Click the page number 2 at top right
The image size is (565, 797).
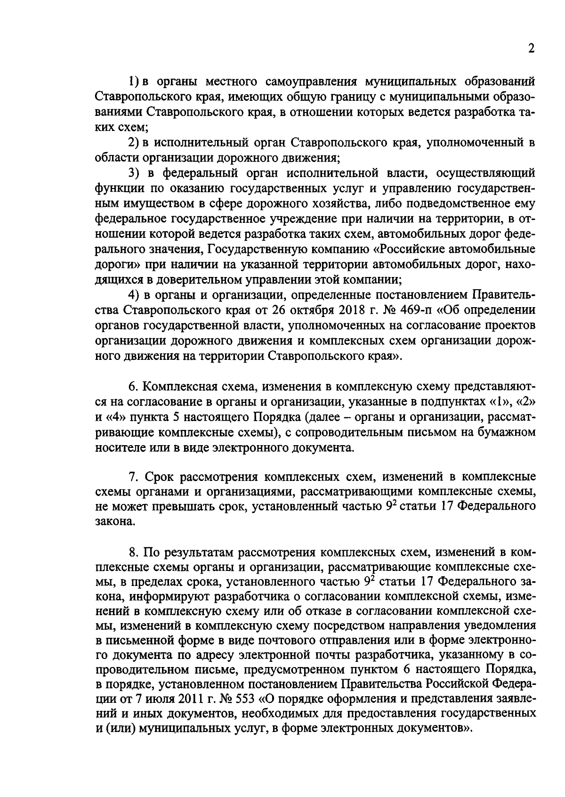pos(531,49)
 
